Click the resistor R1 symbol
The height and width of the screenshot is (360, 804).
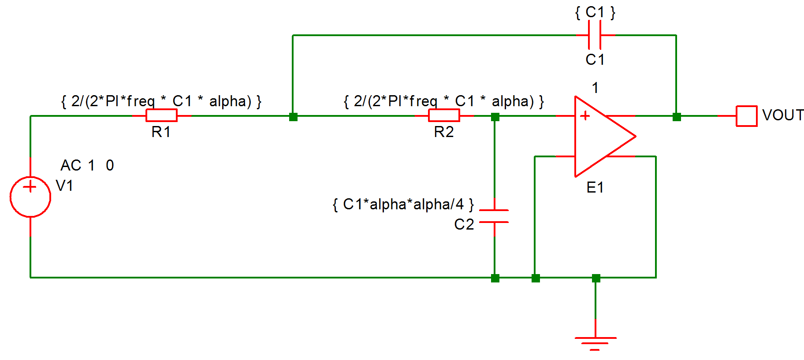click(161, 115)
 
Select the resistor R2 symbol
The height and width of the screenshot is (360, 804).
click(444, 115)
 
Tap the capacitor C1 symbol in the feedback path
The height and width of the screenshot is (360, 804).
click(595, 35)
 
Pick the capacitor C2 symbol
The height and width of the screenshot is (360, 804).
click(494, 216)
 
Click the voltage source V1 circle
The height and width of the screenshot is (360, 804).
click(30, 197)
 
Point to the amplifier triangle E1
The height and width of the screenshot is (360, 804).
click(599, 137)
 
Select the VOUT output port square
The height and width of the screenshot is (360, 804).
click(746, 116)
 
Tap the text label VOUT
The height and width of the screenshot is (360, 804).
click(783, 115)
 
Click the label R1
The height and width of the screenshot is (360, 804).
click(161, 132)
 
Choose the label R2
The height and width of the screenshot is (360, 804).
click(443, 132)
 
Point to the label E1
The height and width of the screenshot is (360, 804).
click(595, 188)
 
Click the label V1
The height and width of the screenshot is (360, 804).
click(64, 186)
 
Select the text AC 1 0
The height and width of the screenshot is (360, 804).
click(87, 165)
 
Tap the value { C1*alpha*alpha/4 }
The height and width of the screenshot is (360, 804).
click(403, 204)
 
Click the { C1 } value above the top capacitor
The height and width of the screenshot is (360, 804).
click(595, 12)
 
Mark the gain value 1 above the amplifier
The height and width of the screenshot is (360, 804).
click(595, 88)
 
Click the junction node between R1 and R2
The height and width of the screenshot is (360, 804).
click(293, 117)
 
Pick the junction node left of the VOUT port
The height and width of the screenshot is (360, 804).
click(677, 117)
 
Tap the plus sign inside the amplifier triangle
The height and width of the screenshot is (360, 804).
click(585, 116)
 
